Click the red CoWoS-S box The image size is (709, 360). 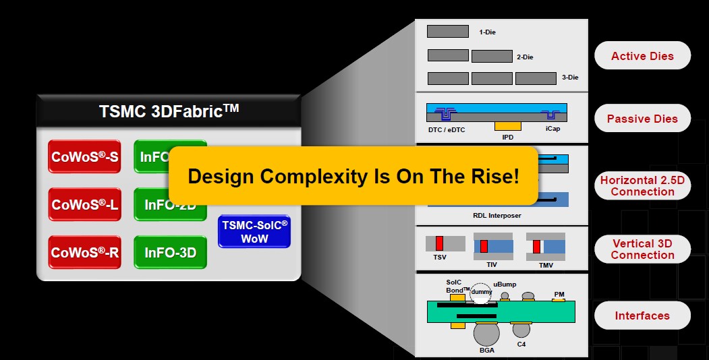[84, 157]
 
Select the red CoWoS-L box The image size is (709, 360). [84, 204]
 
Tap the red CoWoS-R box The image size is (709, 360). [84, 252]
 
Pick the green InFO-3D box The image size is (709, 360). [170, 252]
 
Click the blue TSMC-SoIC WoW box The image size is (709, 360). [254, 231]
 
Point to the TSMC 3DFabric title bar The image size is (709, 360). [169, 109]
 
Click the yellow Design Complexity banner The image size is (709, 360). [353, 176]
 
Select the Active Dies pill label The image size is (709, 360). [642, 56]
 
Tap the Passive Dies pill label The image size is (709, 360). [642, 119]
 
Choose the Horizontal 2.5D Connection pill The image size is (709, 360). [642, 186]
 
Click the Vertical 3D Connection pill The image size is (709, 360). [642, 249]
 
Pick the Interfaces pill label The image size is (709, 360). [642, 316]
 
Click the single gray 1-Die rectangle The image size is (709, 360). [448, 31]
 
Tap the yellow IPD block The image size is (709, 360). [508, 125]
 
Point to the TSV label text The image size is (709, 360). [439, 257]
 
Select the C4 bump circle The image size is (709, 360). [521, 330]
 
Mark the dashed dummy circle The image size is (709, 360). [481, 291]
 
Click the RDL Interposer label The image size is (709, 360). [497, 216]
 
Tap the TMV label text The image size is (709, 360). [546, 265]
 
